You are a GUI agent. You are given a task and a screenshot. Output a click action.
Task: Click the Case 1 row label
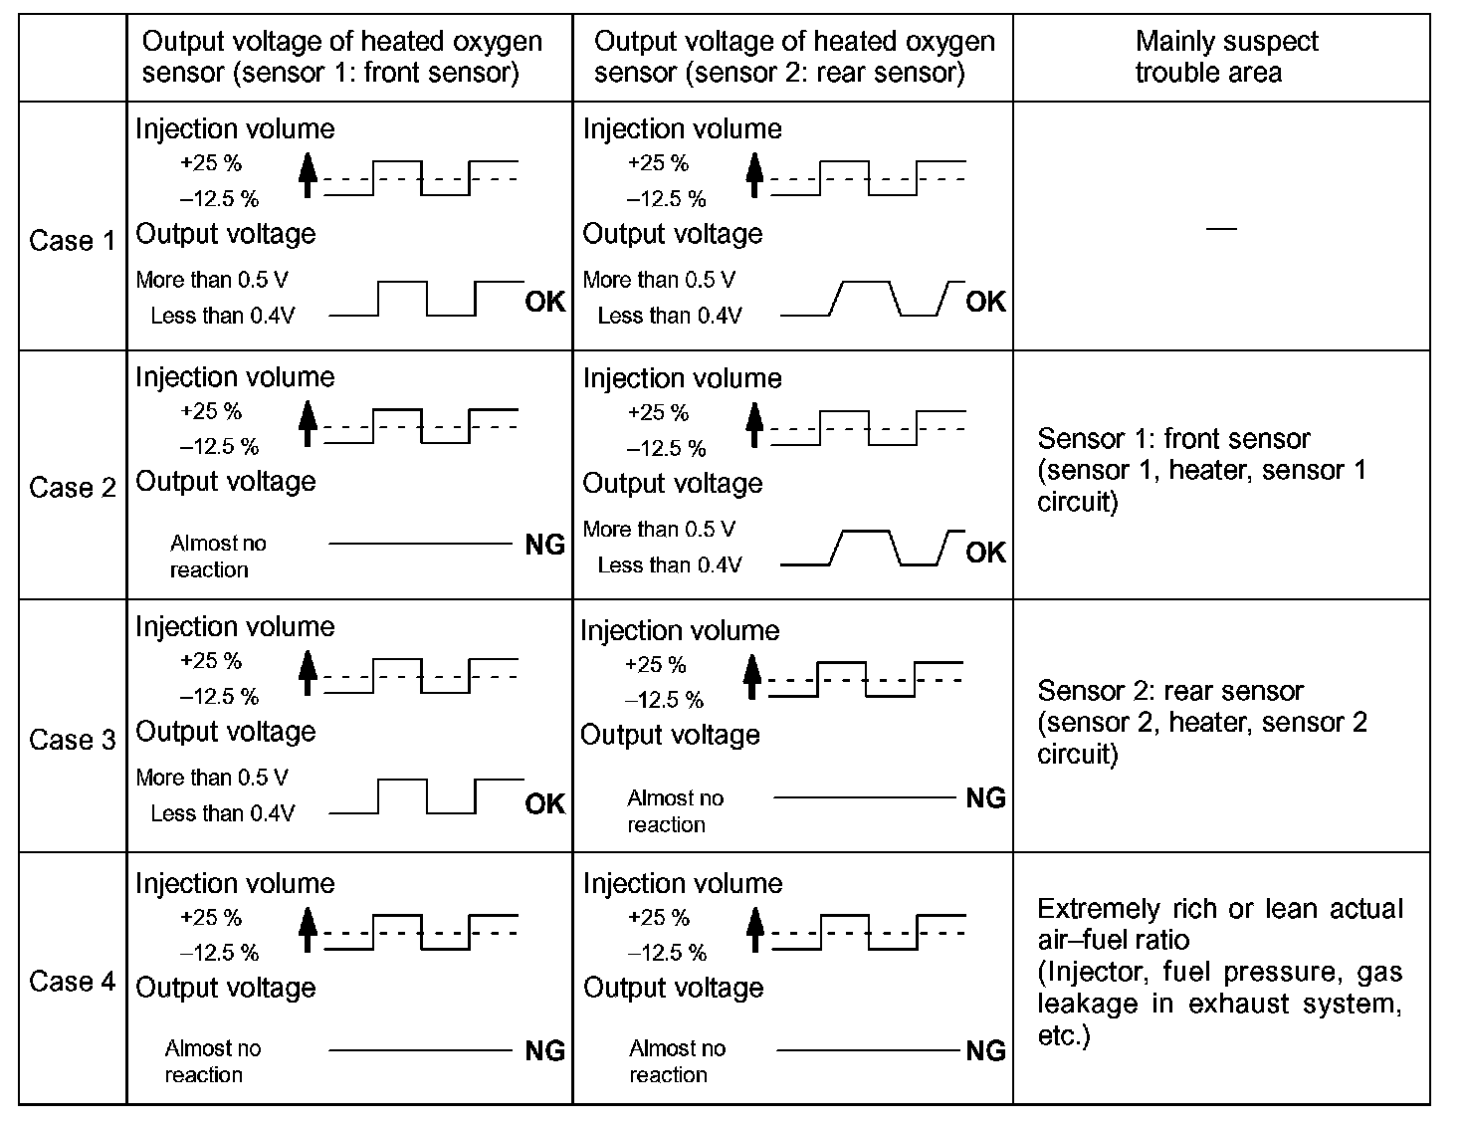coord(73,241)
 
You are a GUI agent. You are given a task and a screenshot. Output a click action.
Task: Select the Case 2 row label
coord(73,488)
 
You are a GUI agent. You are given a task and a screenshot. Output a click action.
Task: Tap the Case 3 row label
coord(73,740)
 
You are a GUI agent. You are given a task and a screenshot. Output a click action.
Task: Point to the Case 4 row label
coord(73,982)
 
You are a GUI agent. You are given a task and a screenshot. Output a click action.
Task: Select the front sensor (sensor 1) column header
coord(341,57)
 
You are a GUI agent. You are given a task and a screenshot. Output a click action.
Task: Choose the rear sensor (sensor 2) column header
coord(793,57)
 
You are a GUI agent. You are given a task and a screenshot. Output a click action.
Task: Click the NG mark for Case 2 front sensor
coord(544,545)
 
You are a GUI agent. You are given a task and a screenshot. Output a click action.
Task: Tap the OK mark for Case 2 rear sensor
coord(985,553)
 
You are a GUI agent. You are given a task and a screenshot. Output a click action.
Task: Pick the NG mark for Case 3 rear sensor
coord(985,798)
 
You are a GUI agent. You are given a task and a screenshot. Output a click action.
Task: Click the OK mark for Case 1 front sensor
coord(544,302)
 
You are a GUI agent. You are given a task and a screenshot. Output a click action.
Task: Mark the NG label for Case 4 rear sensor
coord(985,1050)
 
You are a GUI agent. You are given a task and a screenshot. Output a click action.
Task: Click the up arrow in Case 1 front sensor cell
coord(308,174)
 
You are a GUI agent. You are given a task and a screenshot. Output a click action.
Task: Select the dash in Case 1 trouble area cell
coord(1221,229)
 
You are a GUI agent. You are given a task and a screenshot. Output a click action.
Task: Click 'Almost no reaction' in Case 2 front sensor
coord(218,557)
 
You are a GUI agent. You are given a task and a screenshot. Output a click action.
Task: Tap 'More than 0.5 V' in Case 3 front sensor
coord(212,778)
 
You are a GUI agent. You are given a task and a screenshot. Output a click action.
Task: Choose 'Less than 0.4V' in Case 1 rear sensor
coord(669,316)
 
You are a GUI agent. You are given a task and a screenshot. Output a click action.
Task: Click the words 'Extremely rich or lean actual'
coord(1219,909)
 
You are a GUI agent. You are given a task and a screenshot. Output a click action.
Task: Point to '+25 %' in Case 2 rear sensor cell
coord(658,412)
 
